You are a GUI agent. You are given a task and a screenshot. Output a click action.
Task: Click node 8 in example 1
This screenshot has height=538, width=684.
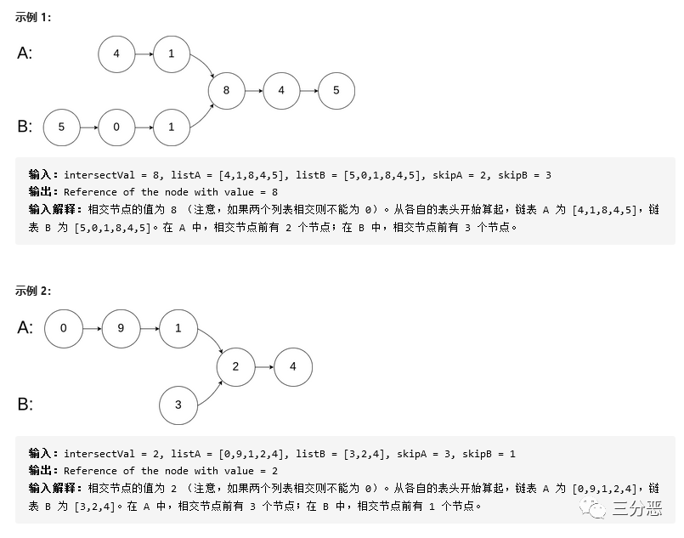pyautogui.click(x=226, y=91)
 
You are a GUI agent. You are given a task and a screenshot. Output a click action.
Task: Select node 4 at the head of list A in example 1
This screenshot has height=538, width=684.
pyautogui.click(x=116, y=54)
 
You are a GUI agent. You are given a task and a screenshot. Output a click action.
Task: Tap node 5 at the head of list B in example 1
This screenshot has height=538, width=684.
pyautogui.click(x=61, y=127)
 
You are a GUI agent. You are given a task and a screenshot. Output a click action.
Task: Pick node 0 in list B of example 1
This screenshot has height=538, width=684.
pyautogui.click(x=116, y=127)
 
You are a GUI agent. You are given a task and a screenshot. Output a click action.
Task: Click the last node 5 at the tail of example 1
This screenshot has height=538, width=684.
pyautogui.click(x=336, y=91)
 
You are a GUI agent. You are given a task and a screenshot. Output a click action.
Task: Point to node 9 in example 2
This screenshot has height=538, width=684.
pyautogui.click(x=121, y=327)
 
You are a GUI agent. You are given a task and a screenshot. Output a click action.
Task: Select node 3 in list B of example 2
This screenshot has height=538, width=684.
pyautogui.click(x=178, y=405)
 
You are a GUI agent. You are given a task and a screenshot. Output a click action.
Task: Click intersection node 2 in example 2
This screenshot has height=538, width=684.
pyautogui.click(x=236, y=367)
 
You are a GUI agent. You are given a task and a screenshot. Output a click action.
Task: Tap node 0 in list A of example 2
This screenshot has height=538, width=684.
pyautogui.click(x=64, y=327)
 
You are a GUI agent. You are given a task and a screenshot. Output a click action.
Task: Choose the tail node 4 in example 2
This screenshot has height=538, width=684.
pyautogui.click(x=293, y=367)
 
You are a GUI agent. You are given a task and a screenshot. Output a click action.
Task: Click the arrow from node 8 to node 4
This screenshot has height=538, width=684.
pyautogui.click(x=253, y=91)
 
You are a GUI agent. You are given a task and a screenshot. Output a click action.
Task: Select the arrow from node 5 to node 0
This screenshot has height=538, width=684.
pyautogui.click(x=88, y=127)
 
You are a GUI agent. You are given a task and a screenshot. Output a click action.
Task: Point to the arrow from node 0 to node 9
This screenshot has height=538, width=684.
pyautogui.click(x=92, y=327)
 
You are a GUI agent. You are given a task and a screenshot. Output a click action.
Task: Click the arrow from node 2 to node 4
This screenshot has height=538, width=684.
pyautogui.click(x=264, y=367)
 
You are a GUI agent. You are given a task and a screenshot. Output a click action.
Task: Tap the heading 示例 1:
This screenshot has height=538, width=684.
pyautogui.click(x=33, y=17)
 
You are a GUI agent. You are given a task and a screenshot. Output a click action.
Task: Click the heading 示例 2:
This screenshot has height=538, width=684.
pyautogui.click(x=33, y=291)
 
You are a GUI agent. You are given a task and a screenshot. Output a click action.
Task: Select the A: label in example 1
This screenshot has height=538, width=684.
pyautogui.click(x=25, y=54)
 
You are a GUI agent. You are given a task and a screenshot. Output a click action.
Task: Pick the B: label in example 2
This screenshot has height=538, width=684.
pyautogui.click(x=25, y=405)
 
